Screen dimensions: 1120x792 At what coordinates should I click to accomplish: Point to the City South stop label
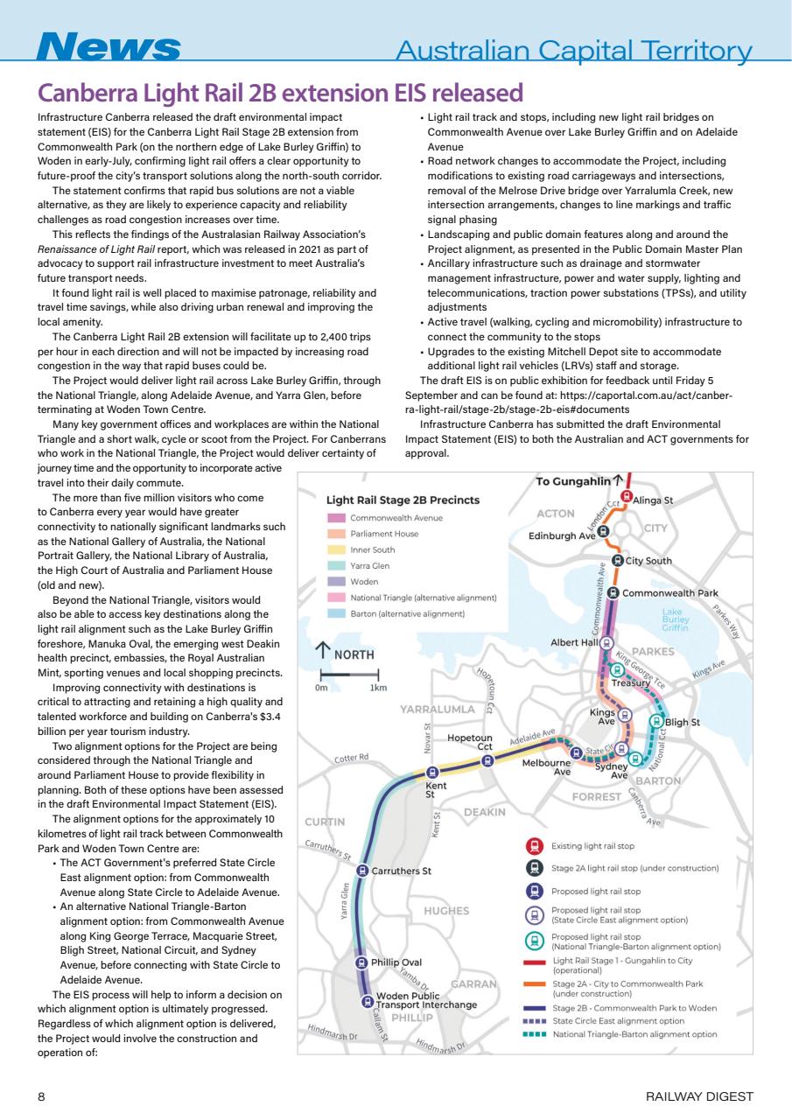pos(648,560)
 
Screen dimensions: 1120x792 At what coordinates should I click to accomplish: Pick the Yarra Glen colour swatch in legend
pos(334,565)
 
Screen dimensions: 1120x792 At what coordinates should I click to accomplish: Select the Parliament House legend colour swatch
pos(334,534)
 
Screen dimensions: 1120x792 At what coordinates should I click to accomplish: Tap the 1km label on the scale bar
pos(378,688)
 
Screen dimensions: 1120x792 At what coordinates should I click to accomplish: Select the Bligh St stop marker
pos(657,722)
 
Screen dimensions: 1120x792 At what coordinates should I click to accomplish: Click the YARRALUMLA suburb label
pos(438,708)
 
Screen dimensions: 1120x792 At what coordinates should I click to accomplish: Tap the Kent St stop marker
pos(431,772)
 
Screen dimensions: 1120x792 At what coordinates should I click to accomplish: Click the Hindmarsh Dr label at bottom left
pos(333,1033)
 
